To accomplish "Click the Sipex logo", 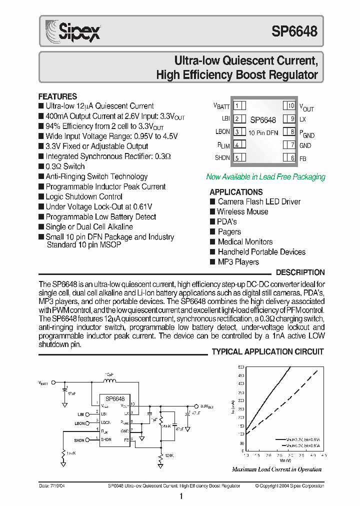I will [x=72, y=30].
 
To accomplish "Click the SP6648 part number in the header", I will [x=294, y=31].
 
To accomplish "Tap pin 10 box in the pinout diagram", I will [x=291, y=105].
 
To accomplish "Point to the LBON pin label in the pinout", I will [x=222, y=131].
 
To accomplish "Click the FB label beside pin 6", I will [x=303, y=158].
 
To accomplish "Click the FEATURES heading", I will [x=57, y=96].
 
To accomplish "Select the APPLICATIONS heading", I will [x=236, y=192].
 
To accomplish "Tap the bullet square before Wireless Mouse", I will [x=212, y=212].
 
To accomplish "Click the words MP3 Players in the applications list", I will [x=238, y=262].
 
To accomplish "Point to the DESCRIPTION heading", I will [x=300, y=272].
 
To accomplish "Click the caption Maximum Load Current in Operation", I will [x=276, y=469].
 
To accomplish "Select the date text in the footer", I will [x=50, y=486].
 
